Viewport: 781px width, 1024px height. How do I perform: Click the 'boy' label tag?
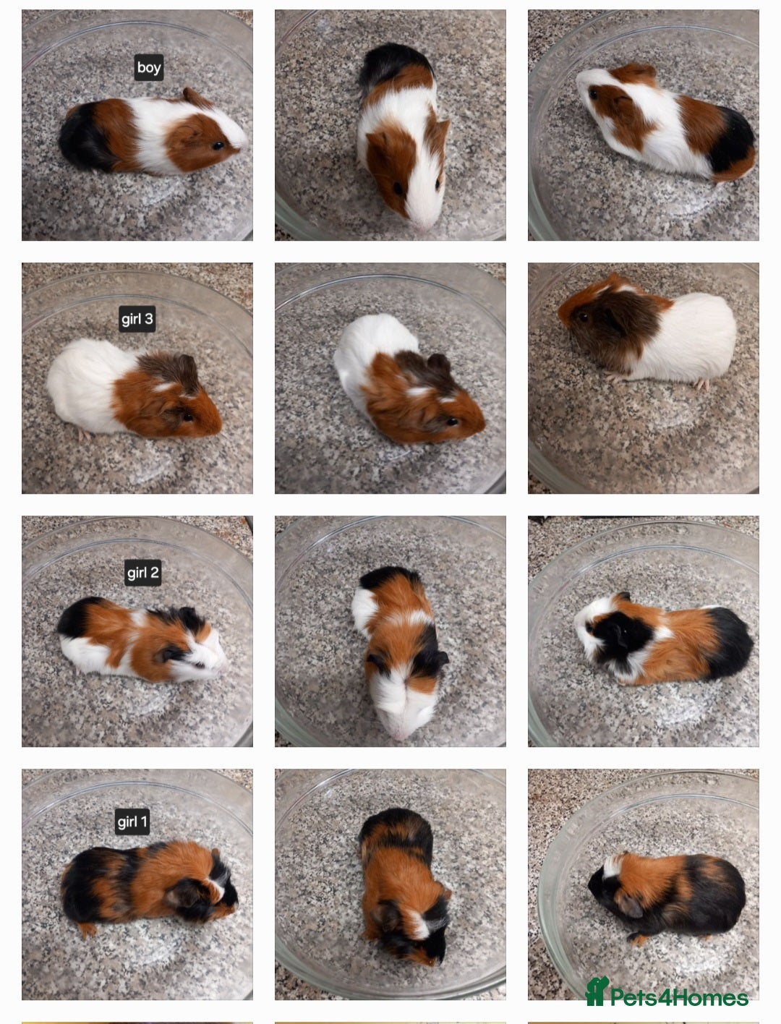149,68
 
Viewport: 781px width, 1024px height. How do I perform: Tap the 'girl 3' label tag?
137,319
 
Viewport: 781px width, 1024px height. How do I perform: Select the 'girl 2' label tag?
142,573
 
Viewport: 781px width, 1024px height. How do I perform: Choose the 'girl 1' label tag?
132,822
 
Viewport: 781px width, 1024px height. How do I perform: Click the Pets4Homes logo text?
678,998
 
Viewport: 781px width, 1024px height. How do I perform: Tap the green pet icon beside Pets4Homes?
596,992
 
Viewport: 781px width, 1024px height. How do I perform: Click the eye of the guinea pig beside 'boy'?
217,146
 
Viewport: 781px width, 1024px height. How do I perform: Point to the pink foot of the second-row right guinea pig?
701,383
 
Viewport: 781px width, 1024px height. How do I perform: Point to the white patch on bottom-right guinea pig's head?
613,864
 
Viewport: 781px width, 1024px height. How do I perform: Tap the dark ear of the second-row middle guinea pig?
438,362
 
